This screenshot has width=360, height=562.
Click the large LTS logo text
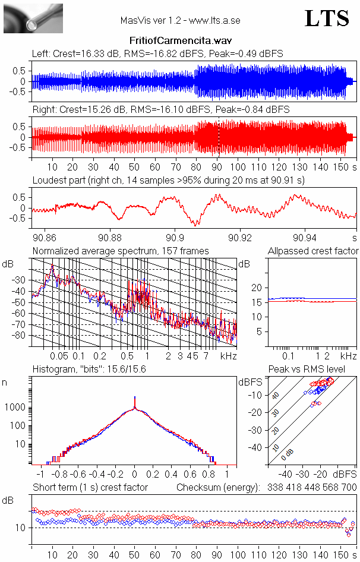[x=326, y=18]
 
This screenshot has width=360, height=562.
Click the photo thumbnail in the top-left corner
[x=33, y=18]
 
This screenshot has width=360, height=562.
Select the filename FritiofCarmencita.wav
[x=180, y=40]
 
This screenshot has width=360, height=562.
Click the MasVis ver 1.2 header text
[x=180, y=20]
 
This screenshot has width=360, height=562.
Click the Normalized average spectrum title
[x=121, y=251]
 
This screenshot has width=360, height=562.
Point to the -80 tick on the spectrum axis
[x=21, y=336]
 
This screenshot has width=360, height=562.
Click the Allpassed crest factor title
[x=313, y=251]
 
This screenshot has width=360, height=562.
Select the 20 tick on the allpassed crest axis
[x=257, y=288]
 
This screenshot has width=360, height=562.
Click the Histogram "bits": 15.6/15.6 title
[x=89, y=370]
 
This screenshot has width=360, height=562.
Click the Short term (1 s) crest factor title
[x=90, y=487]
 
